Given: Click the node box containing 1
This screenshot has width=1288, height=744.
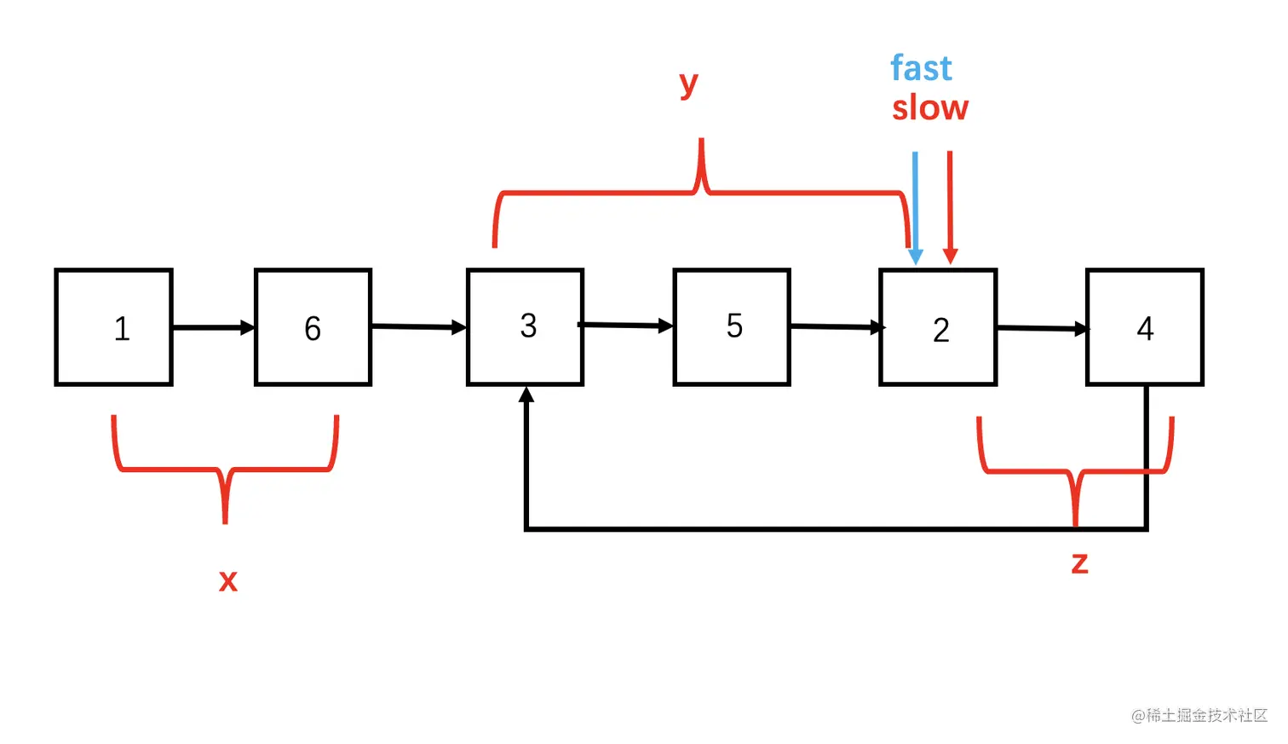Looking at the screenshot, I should tap(114, 328).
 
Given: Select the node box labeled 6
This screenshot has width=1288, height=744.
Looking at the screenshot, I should tap(313, 328).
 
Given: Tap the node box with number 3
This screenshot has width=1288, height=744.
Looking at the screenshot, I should tap(526, 328).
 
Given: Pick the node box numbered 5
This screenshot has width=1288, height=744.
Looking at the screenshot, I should tap(732, 328).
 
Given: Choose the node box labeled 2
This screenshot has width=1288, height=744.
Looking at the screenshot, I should tap(938, 328).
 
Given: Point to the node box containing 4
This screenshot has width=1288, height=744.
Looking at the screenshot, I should tap(1144, 328).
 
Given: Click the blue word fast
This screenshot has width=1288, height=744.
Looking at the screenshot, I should tap(921, 68).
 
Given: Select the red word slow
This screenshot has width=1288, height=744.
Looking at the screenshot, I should tap(929, 108).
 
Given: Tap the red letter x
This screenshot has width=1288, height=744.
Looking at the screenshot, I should tap(227, 580).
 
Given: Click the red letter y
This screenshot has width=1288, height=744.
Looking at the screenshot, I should tap(688, 84).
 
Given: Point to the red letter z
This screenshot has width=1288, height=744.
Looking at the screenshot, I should tap(1079, 562).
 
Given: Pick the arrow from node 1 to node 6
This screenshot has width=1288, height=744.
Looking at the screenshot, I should tap(213, 327).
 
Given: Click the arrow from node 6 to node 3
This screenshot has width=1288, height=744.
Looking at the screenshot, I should tap(418, 326).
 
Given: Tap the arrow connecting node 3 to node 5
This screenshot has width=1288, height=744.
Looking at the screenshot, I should tap(628, 325).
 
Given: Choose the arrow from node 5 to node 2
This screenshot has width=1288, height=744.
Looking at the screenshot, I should tap(835, 326).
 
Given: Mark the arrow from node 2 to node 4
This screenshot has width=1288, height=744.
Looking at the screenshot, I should tap(1042, 328).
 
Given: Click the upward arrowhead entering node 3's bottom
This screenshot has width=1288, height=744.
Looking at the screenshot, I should tap(526, 395).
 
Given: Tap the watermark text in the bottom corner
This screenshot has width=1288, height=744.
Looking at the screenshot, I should tap(1199, 715).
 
